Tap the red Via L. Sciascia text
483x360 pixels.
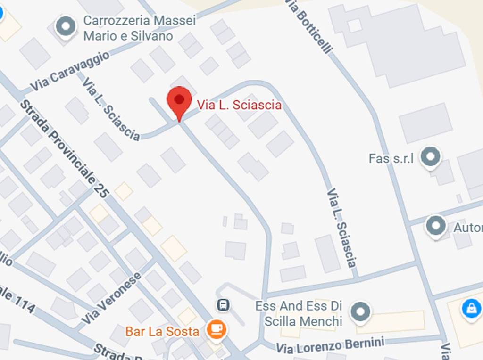239,105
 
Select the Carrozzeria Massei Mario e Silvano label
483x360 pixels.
139,28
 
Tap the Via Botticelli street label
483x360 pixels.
309,26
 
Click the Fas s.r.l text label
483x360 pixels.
391,158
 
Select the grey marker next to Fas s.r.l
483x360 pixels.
430,157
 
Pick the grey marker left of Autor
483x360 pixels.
436,227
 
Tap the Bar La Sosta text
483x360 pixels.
162,331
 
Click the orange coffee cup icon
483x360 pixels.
217,329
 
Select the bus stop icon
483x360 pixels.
223,305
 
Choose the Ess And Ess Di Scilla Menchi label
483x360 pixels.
299,314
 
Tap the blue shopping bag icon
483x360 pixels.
471,309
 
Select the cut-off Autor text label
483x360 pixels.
468,228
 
